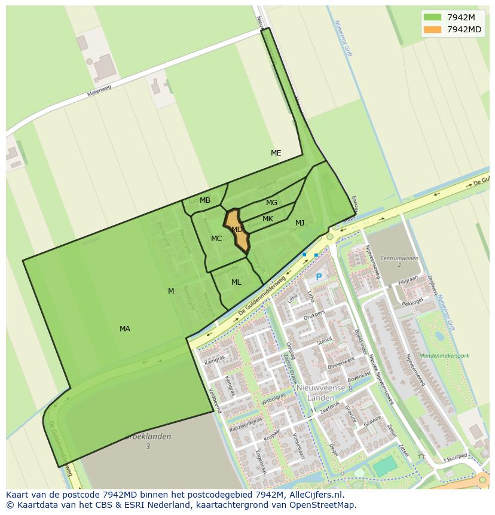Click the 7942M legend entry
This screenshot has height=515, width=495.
(x=452, y=17)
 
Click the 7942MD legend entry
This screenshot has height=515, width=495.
(x=452, y=29)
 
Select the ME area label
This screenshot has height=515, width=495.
(x=276, y=153)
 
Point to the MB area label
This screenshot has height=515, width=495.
(x=205, y=200)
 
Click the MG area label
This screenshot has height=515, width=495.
(x=271, y=203)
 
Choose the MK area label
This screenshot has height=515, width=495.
(x=268, y=219)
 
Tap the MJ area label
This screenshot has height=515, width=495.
(x=300, y=223)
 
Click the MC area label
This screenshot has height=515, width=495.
(x=216, y=239)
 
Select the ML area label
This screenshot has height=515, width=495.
(x=236, y=282)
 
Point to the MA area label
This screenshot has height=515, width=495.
(x=124, y=329)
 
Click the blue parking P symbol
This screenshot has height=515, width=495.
(x=319, y=277)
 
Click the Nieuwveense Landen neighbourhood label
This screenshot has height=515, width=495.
(x=320, y=392)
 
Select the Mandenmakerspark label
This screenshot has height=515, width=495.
(x=444, y=356)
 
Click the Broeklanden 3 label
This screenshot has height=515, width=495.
(x=148, y=441)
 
